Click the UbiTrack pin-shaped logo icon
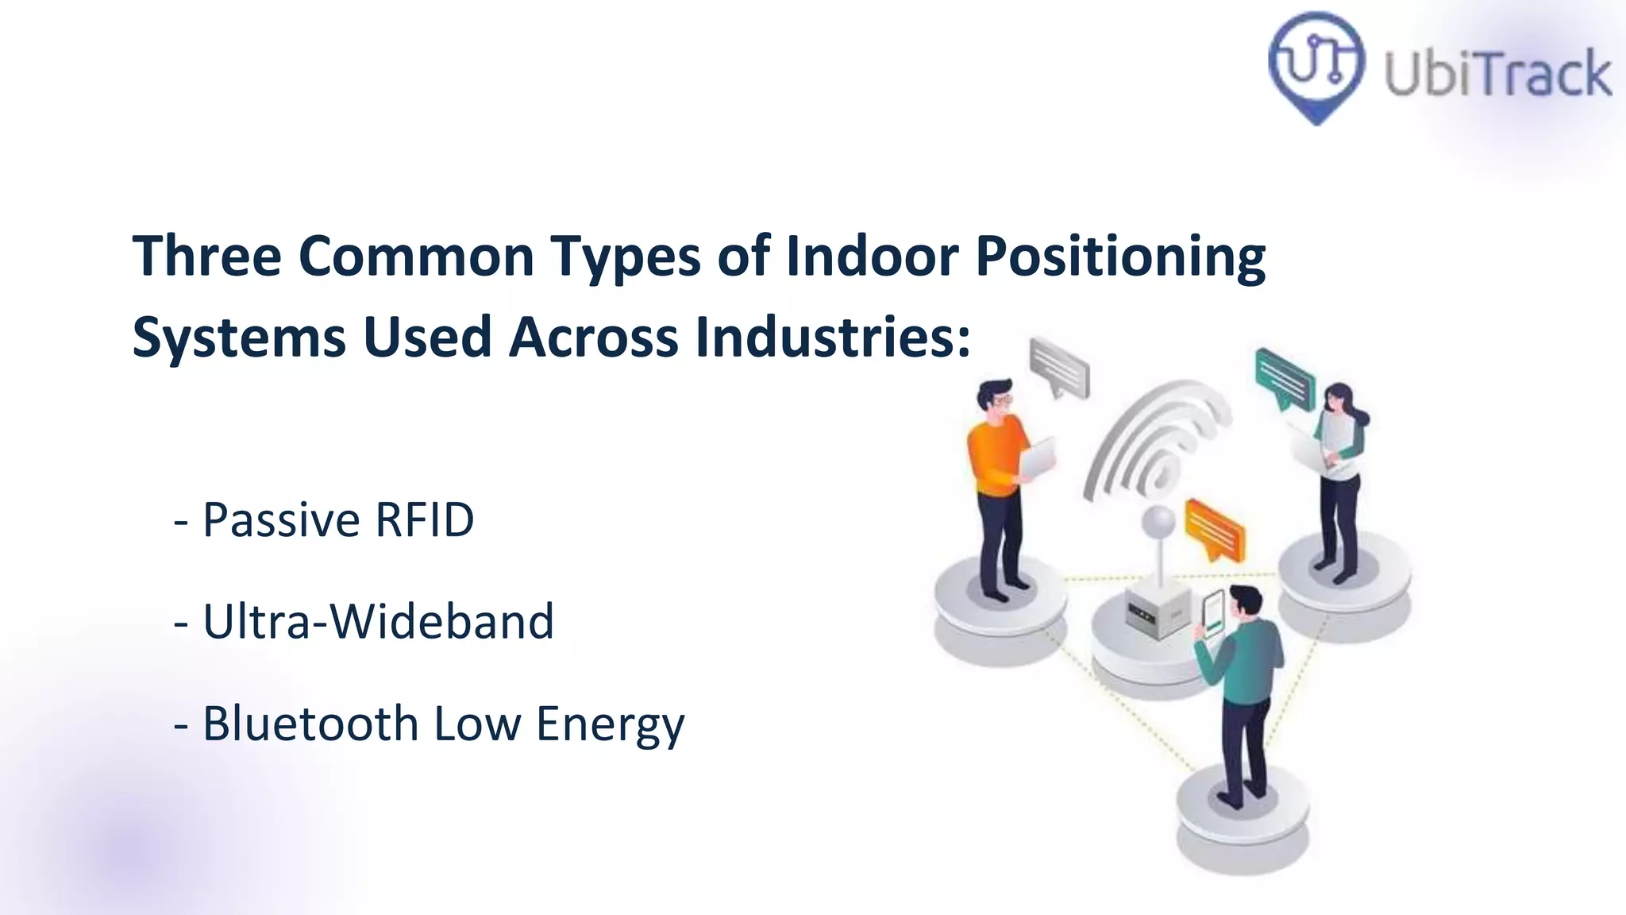(x=1316, y=65)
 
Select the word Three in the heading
(x=206, y=256)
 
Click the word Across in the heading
(x=593, y=337)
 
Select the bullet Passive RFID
(x=324, y=520)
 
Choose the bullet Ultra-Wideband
(x=364, y=621)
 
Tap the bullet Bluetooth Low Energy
(x=429, y=724)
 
